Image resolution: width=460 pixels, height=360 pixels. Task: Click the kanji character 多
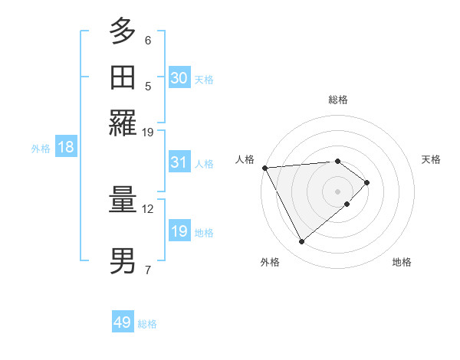point(123,32)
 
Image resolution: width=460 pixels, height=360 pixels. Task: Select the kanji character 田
point(123,77)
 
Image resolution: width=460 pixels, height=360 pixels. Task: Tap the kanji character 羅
point(123,123)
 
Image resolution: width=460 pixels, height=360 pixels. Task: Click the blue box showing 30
point(179,78)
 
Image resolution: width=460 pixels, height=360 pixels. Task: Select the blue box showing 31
point(179,162)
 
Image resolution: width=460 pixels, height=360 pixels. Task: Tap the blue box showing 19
point(179,231)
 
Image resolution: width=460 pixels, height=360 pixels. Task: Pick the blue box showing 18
point(66,148)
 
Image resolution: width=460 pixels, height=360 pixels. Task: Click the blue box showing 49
point(123,322)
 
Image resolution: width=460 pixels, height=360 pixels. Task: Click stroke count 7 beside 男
point(147,269)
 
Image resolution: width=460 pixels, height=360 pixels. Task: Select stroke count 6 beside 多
point(147,40)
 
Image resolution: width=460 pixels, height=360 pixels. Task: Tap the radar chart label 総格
point(338,100)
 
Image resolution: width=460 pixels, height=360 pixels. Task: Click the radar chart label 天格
point(431,159)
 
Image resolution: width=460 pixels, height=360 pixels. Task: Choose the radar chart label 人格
point(245,159)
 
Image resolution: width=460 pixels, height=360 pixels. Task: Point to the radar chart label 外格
point(269,262)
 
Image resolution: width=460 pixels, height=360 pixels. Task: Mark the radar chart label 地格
point(402,262)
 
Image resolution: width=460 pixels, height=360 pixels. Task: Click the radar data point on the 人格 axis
point(264,168)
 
